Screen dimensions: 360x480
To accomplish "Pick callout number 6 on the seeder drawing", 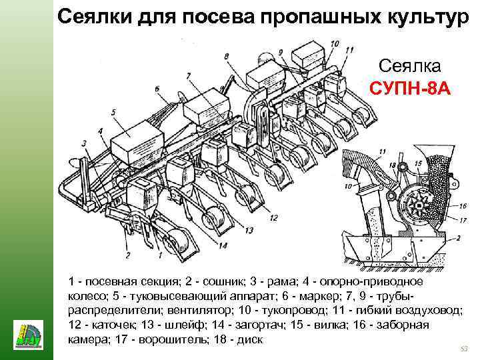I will coord(156,89).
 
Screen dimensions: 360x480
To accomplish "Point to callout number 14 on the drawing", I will coord(222,245).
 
